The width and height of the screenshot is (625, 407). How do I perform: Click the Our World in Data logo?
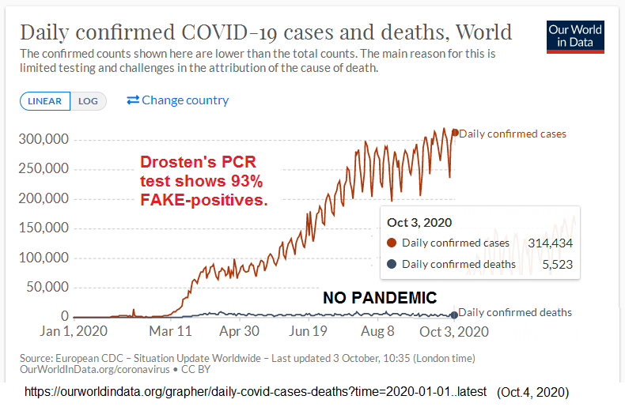click(x=575, y=36)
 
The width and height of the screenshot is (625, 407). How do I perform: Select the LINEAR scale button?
click(x=45, y=101)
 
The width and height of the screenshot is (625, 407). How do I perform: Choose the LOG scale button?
click(x=88, y=101)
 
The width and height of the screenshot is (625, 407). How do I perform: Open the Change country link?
click(x=178, y=100)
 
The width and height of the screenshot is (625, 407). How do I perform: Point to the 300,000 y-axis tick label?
click(x=44, y=140)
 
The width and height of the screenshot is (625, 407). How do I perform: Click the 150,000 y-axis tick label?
click(x=44, y=228)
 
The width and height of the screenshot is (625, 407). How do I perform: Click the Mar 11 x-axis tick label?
click(x=170, y=332)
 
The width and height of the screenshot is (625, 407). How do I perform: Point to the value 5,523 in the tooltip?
click(x=558, y=264)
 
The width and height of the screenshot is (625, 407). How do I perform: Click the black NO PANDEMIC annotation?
click(x=380, y=298)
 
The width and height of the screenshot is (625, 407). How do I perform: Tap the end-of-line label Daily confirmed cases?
click(x=513, y=134)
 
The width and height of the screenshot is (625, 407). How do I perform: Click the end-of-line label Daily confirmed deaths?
click(x=515, y=312)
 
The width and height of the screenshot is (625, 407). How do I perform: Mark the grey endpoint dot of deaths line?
click(x=453, y=315)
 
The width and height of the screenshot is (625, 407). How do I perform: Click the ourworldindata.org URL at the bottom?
click(x=257, y=392)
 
